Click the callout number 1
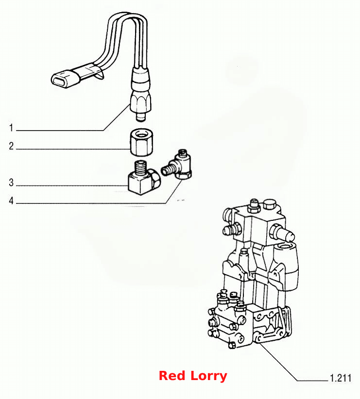(11, 128)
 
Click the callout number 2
(11, 146)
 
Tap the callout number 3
(11, 183)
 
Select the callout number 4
(11, 200)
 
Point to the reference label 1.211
(341, 378)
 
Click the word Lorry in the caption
(208, 376)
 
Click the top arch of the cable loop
(127, 15)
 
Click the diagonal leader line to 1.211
(278, 361)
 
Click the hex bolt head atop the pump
(270, 204)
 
